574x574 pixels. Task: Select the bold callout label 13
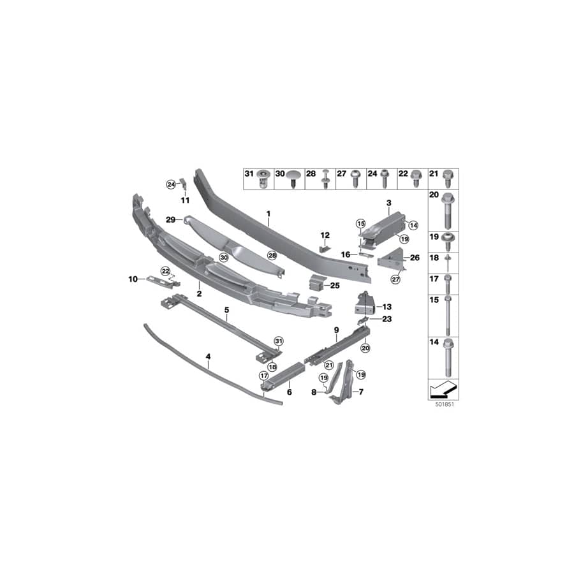click(x=387, y=306)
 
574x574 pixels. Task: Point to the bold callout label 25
click(x=335, y=286)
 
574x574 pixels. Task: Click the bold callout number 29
click(x=170, y=219)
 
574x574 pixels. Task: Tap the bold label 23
click(x=387, y=319)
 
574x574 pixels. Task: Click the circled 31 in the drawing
click(x=278, y=342)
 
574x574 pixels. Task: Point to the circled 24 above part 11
click(x=170, y=184)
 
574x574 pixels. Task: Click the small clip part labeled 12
click(x=323, y=247)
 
